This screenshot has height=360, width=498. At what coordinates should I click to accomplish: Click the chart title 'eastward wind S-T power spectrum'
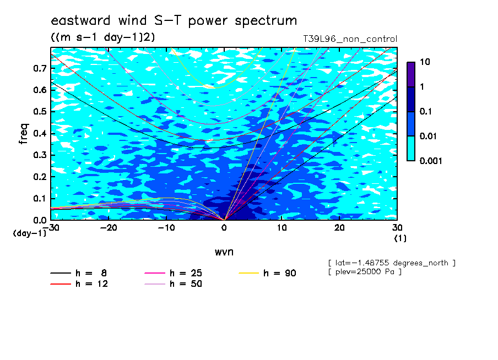(x=174, y=21)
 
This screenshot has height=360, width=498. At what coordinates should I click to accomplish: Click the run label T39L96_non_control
(x=350, y=39)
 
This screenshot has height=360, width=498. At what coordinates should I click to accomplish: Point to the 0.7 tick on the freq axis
(x=40, y=68)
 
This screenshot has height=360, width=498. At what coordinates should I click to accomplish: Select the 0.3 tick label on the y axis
(x=40, y=155)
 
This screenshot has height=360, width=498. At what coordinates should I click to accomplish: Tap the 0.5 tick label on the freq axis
(x=40, y=112)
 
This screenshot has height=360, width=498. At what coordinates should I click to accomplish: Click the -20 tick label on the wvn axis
(x=109, y=228)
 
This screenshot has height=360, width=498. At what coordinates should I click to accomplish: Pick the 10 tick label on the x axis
(x=282, y=228)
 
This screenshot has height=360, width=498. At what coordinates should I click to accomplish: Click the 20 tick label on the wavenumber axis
(x=339, y=228)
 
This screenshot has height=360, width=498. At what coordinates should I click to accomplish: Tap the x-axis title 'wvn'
(x=224, y=252)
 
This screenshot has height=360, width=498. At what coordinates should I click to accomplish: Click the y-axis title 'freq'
(x=24, y=134)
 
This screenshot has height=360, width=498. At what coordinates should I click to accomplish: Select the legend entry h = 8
(x=79, y=273)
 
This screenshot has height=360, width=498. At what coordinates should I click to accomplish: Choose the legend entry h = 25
(x=174, y=273)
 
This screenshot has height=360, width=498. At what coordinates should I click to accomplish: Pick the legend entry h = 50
(x=174, y=284)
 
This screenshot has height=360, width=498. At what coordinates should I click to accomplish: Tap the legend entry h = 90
(x=267, y=273)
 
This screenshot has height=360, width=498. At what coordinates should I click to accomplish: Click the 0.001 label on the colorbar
(x=431, y=161)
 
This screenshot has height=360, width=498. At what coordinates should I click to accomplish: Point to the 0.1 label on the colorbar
(x=426, y=111)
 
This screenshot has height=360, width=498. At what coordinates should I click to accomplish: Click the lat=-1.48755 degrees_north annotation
(x=392, y=263)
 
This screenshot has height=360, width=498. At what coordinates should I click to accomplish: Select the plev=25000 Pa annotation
(x=365, y=272)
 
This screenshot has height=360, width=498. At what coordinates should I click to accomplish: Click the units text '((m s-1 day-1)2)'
(x=103, y=37)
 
